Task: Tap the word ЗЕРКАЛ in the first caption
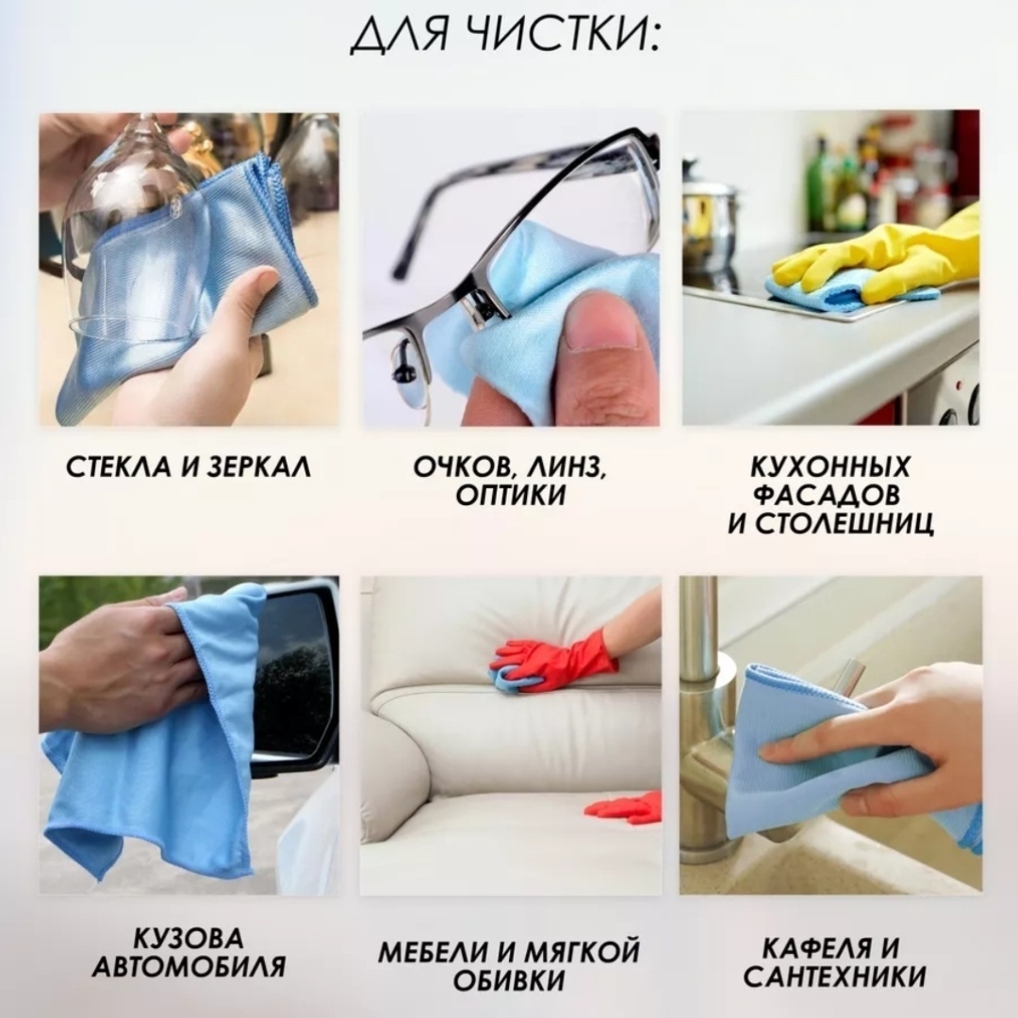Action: [x=258, y=468]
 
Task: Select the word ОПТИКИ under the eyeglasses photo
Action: [x=510, y=496]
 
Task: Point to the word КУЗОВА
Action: [x=189, y=938]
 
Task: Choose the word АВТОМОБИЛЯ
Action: [x=189, y=967]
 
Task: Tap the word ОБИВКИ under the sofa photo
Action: [x=510, y=980]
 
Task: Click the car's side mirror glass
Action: [x=295, y=674]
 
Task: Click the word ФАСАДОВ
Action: [x=827, y=495]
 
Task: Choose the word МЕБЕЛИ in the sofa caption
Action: [x=434, y=952]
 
